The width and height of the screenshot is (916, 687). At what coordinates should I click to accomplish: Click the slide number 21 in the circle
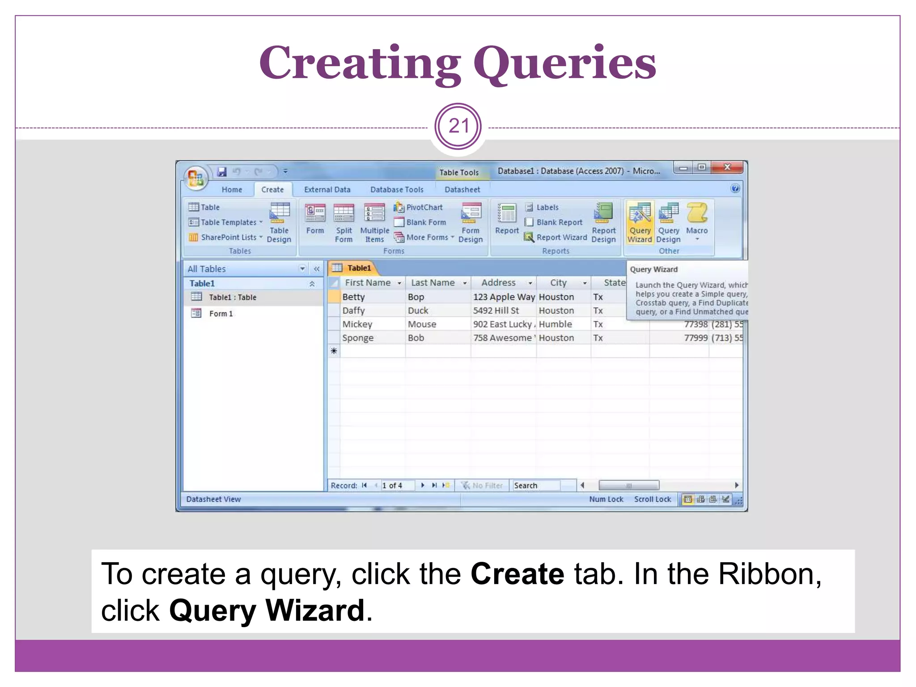[x=458, y=127]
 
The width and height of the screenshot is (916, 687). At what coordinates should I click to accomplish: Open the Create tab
[x=272, y=190]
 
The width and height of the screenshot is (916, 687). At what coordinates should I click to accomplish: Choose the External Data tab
[x=327, y=190]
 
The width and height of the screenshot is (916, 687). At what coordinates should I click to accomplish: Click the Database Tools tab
[x=397, y=190]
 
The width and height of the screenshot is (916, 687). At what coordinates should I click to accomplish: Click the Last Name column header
[x=433, y=283]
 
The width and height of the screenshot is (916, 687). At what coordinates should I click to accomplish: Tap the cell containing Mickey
[x=357, y=324]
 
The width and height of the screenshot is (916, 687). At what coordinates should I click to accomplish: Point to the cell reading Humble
[x=556, y=324]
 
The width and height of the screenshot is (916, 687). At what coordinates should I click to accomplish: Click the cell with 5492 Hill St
[x=496, y=310]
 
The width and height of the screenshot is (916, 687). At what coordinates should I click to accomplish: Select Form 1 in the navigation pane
[x=221, y=314]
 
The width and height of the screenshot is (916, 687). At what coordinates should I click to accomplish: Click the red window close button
[x=727, y=168]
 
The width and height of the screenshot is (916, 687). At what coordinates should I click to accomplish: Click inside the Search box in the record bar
[x=536, y=485]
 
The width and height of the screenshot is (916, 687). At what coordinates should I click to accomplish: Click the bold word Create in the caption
[x=517, y=574]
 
